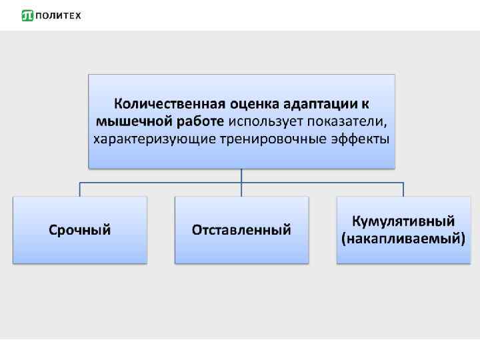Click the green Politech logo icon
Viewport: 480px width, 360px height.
point(27,15)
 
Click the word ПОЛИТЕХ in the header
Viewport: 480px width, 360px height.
point(57,15)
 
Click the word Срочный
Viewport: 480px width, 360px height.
point(79,230)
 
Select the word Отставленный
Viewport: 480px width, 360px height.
point(241,230)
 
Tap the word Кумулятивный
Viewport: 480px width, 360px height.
point(403,221)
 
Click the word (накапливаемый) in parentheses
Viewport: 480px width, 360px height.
point(403,239)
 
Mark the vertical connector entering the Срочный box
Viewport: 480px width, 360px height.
point(80,189)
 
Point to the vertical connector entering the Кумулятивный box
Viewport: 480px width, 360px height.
point(403,189)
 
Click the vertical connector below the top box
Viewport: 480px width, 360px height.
point(241,175)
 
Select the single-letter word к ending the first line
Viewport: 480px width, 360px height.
point(366,105)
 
